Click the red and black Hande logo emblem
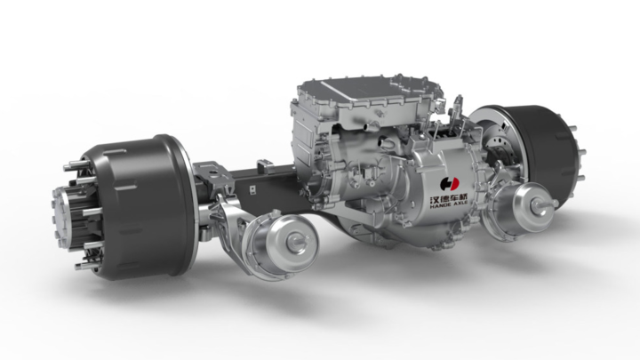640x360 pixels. (x=450, y=184)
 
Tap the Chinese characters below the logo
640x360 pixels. (x=450, y=199)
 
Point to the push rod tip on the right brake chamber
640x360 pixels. (x=554, y=203)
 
